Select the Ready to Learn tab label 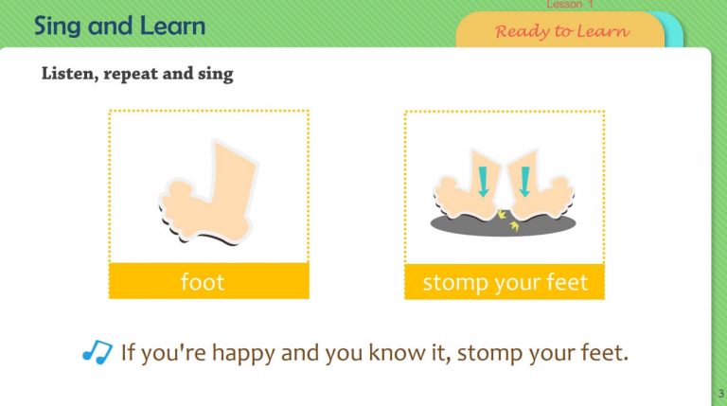[561, 30]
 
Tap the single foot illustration [214, 190]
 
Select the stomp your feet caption [505, 281]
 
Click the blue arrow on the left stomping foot [485, 181]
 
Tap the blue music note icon [97, 353]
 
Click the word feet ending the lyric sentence [605, 353]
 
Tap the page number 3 [720, 393]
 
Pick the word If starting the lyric [129, 353]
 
